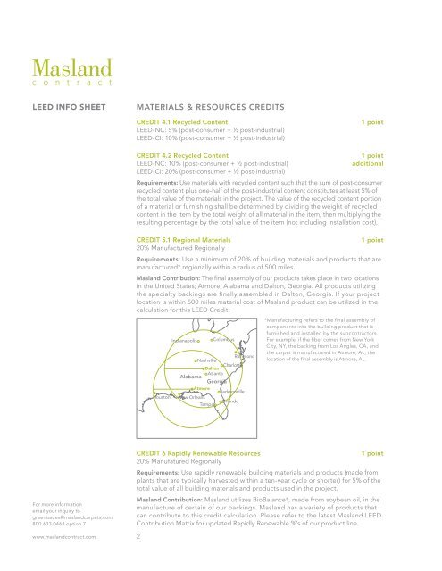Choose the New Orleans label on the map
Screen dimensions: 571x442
click(x=194, y=396)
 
